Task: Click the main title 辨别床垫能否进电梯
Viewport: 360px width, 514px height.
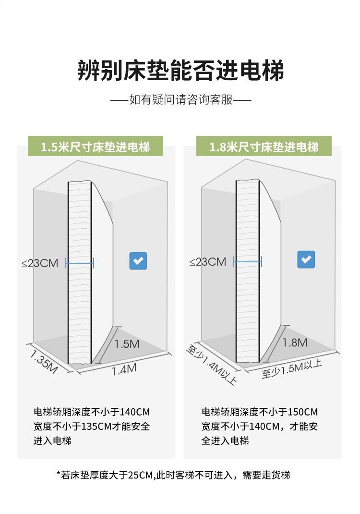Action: pyautogui.click(x=180, y=71)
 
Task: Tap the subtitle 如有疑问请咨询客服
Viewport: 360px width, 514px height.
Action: pyautogui.click(x=181, y=99)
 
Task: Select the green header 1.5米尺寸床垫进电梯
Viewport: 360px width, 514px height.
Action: pyautogui.click(x=96, y=147)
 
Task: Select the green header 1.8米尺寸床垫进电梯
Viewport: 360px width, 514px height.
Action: pyautogui.click(x=264, y=147)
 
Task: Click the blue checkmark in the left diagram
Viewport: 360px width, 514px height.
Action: pyautogui.click(x=138, y=261)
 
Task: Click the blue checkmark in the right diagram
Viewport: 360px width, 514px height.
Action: pyautogui.click(x=306, y=259)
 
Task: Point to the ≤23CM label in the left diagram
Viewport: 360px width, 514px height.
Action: pyautogui.click(x=40, y=263)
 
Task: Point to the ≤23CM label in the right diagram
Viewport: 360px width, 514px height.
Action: pyautogui.click(x=208, y=262)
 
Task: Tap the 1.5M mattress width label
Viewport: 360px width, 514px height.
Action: pyautogui.click(x=127, y=344)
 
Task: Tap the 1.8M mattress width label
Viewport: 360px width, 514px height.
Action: pyautogui.click(x=295, y=343)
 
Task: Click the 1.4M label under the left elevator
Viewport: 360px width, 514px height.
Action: pyautogui.click(x=124, y=370)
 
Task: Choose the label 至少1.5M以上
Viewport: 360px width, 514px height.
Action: pyautogui.click(x=291, y=369)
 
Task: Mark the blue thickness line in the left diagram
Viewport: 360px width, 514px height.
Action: pyautogui.click(x=80, y=263)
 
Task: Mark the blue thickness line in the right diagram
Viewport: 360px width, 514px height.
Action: pyautogui.click(x=248, y=262)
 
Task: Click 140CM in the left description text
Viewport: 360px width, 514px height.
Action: pyautogui.click(x=135, y=412)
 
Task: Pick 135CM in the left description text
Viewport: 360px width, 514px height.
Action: pyautogui.click(x=96, y=426)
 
